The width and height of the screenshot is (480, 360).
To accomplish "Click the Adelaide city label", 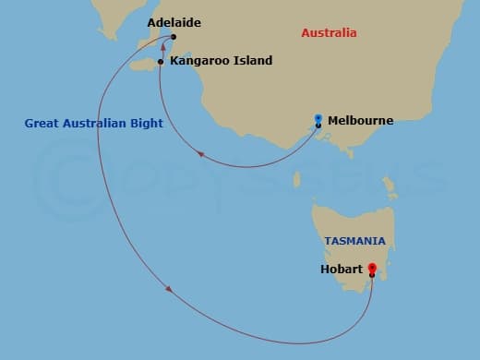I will pyautogui.click(x=174, y=21).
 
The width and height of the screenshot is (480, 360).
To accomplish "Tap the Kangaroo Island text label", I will pyautogui.click(x=221, y=61).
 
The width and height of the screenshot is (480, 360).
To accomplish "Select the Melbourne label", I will pyautogui.click(x=360, y=120).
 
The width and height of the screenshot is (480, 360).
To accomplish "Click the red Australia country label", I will pyautogui.click(x=329, y=33).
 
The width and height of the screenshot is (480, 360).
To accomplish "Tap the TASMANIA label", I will pyautogui.click(x=354, y=241).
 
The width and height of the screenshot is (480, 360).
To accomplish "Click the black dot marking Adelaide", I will pyautogui.click(x=174, y=38).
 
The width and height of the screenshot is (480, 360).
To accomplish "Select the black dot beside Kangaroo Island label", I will pyautogui.click(x=161, y=62).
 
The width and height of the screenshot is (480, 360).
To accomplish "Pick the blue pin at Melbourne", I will pyautogui.click(x=318, y=118).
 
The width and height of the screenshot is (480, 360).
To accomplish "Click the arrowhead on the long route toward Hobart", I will pyautogui.click(x=170, y=291).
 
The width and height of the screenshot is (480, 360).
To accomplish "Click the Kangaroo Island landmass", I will pyautogui.click(x=144, y=65).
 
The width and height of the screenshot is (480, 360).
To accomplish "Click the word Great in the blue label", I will pyautogui.click(x=42, y=123).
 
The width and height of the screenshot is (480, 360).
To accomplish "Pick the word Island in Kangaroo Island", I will pyautogui.click(x=253, y=61).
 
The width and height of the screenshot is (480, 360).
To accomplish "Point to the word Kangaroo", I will pyautogui.click(x=200, y=61).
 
